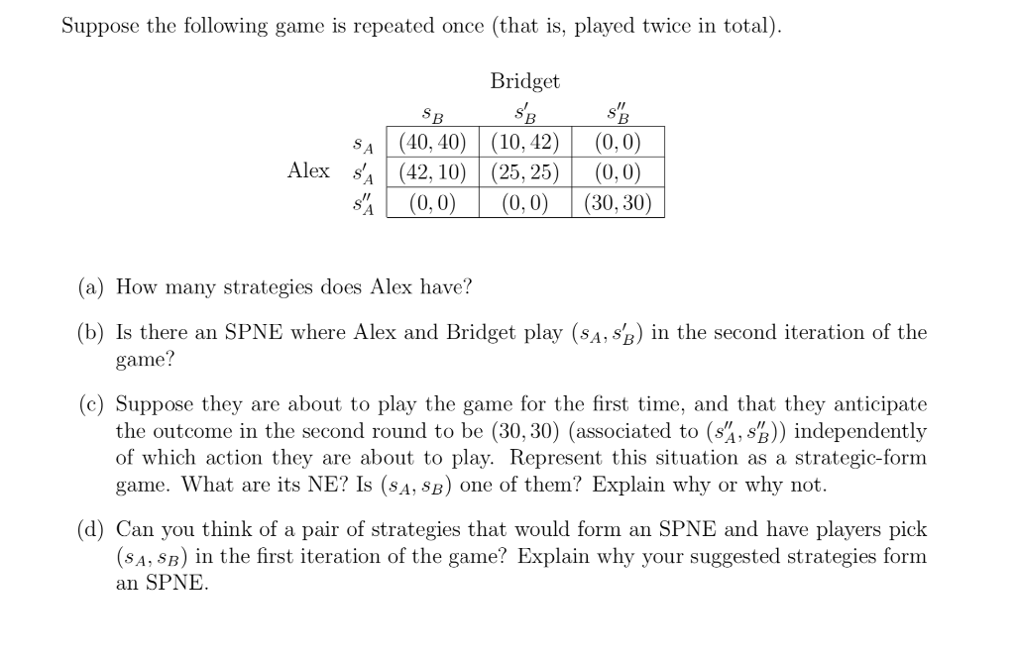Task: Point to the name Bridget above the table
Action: pos(524,81)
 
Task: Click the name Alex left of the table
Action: pos(308,170)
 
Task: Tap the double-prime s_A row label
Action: pos(364,204)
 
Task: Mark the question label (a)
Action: pos(93,288)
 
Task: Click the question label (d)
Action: pos(93,531)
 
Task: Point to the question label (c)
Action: pos(93,404)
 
